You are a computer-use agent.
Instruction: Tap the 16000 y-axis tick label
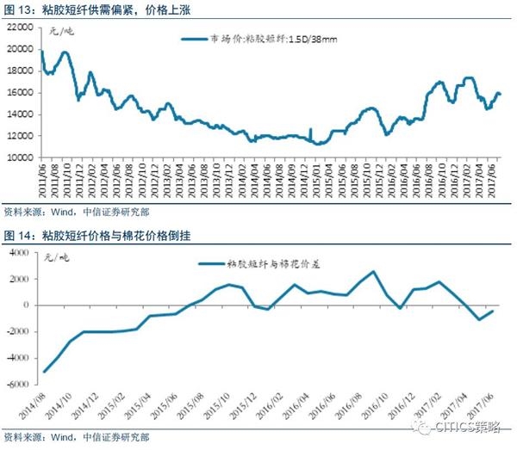(20, 93)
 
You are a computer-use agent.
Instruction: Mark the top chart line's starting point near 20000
(41, 51)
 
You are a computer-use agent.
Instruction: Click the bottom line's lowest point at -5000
(44, 372)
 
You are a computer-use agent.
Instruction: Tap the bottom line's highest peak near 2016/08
(373, 272)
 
